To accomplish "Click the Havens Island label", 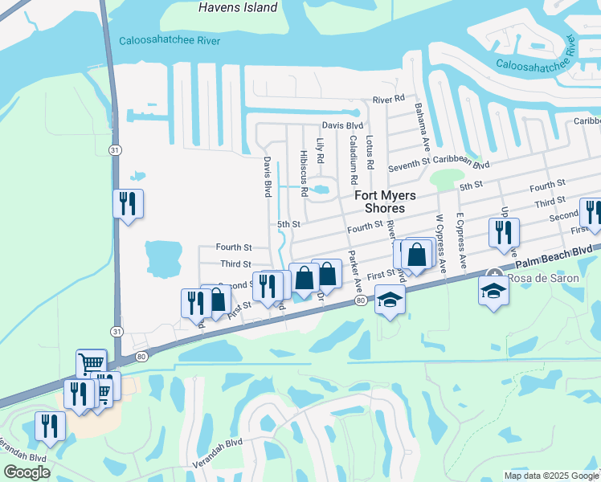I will (x=238, y=8).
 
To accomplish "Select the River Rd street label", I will (x=388, y=100).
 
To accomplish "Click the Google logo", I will (x=27, y=472).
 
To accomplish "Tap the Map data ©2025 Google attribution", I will (x=550, y=476).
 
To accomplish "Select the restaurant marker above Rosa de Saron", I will (x=504, y=233).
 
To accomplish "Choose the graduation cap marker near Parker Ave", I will (x=390, y=300).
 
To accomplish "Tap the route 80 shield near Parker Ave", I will (x=358, y=301).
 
